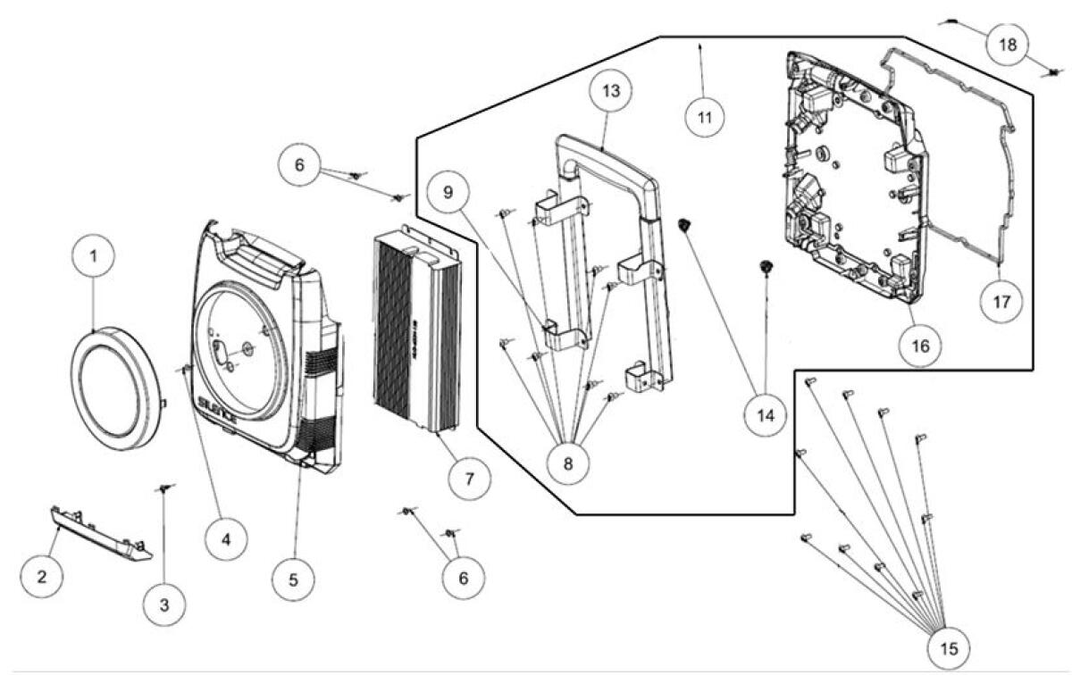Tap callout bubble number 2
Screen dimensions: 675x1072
point(41,576)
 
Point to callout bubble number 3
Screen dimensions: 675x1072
point(163,604)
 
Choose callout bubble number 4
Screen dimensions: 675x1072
point(225,539)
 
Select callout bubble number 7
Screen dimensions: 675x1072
point(469,477)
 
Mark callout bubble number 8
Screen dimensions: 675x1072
point(569,462)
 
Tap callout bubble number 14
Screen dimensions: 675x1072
point(765,415)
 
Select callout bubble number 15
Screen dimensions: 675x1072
point(947,646)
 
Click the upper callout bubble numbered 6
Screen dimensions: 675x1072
point(298,163)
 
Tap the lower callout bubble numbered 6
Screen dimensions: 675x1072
point(463,579)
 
